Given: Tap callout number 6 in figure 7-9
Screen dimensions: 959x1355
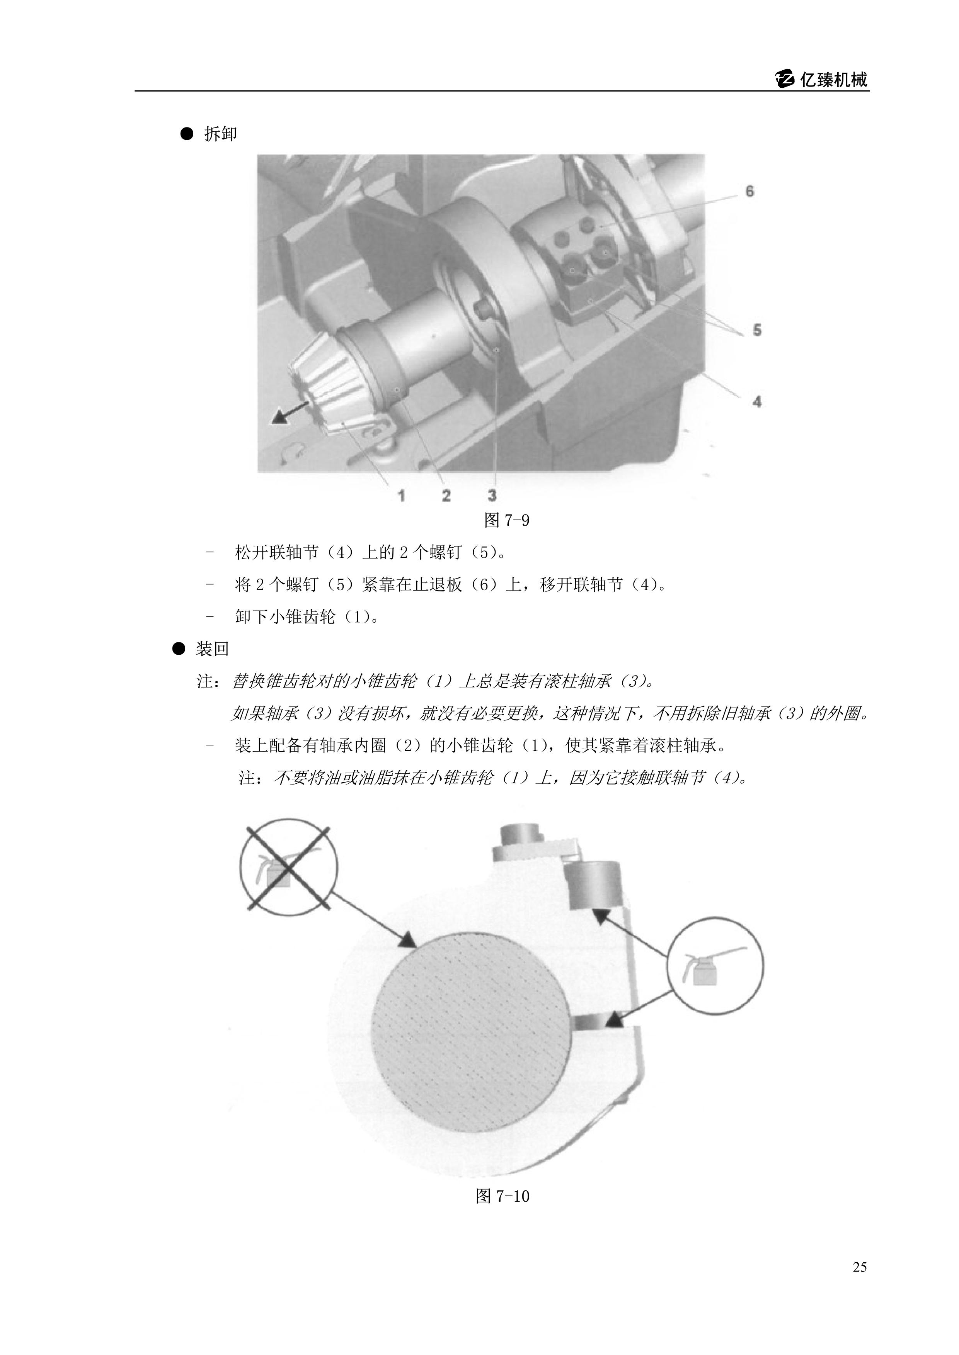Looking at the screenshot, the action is coord(749,191).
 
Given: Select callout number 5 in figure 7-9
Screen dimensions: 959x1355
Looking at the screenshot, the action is coord(757,329).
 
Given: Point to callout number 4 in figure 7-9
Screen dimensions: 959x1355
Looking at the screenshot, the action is coord(757,402).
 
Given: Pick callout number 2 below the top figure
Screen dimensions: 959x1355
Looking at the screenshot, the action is coord(446,495).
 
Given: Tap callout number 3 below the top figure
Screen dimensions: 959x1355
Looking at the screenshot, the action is coord(492,495).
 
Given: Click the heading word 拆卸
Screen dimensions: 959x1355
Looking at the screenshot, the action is coord(220,134).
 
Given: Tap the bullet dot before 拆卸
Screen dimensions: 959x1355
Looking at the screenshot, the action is coord(187,134).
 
